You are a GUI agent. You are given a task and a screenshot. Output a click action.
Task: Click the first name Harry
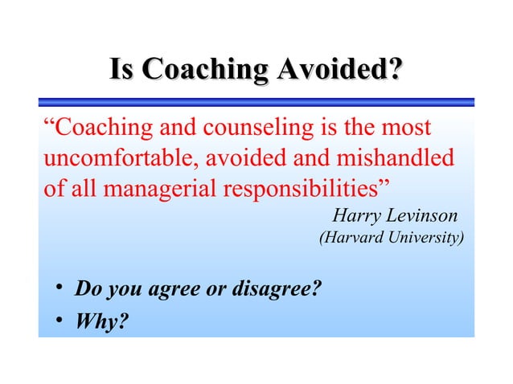(x=356, y=216)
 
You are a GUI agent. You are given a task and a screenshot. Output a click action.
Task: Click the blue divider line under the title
(x=256, y=103)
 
